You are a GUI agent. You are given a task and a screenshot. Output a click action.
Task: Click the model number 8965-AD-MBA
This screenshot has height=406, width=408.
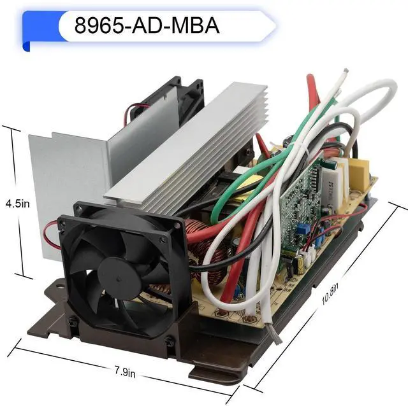click(147, 25)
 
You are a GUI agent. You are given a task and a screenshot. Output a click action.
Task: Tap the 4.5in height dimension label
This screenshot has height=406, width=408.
click(18, 204)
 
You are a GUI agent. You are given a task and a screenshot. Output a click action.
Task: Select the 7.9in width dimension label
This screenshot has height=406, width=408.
click(125, 372)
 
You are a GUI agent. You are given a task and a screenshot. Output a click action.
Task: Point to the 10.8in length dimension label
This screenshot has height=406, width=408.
click(330, 294)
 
